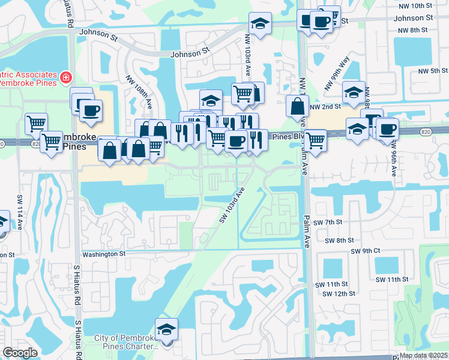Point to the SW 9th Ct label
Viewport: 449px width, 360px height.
pos(366,250)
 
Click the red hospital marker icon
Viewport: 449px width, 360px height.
pos(65,77)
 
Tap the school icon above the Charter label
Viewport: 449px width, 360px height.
pos(166,329)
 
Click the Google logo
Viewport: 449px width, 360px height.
pos(20,353)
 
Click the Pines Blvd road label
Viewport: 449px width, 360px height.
pos(286,137)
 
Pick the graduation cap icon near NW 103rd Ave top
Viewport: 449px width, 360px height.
pos(260,24)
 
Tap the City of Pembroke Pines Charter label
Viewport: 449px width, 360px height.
pos(126,342)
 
